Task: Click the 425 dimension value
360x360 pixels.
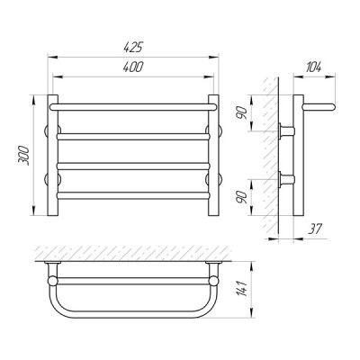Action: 132,48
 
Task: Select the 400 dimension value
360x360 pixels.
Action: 133,67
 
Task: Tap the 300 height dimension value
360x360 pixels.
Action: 23,156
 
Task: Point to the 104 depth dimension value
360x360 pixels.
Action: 314,67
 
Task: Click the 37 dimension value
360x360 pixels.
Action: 315,229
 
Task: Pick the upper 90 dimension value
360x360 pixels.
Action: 243,113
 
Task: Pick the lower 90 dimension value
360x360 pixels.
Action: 243,197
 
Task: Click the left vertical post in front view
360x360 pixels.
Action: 52,156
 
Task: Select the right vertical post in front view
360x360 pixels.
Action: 213,156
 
